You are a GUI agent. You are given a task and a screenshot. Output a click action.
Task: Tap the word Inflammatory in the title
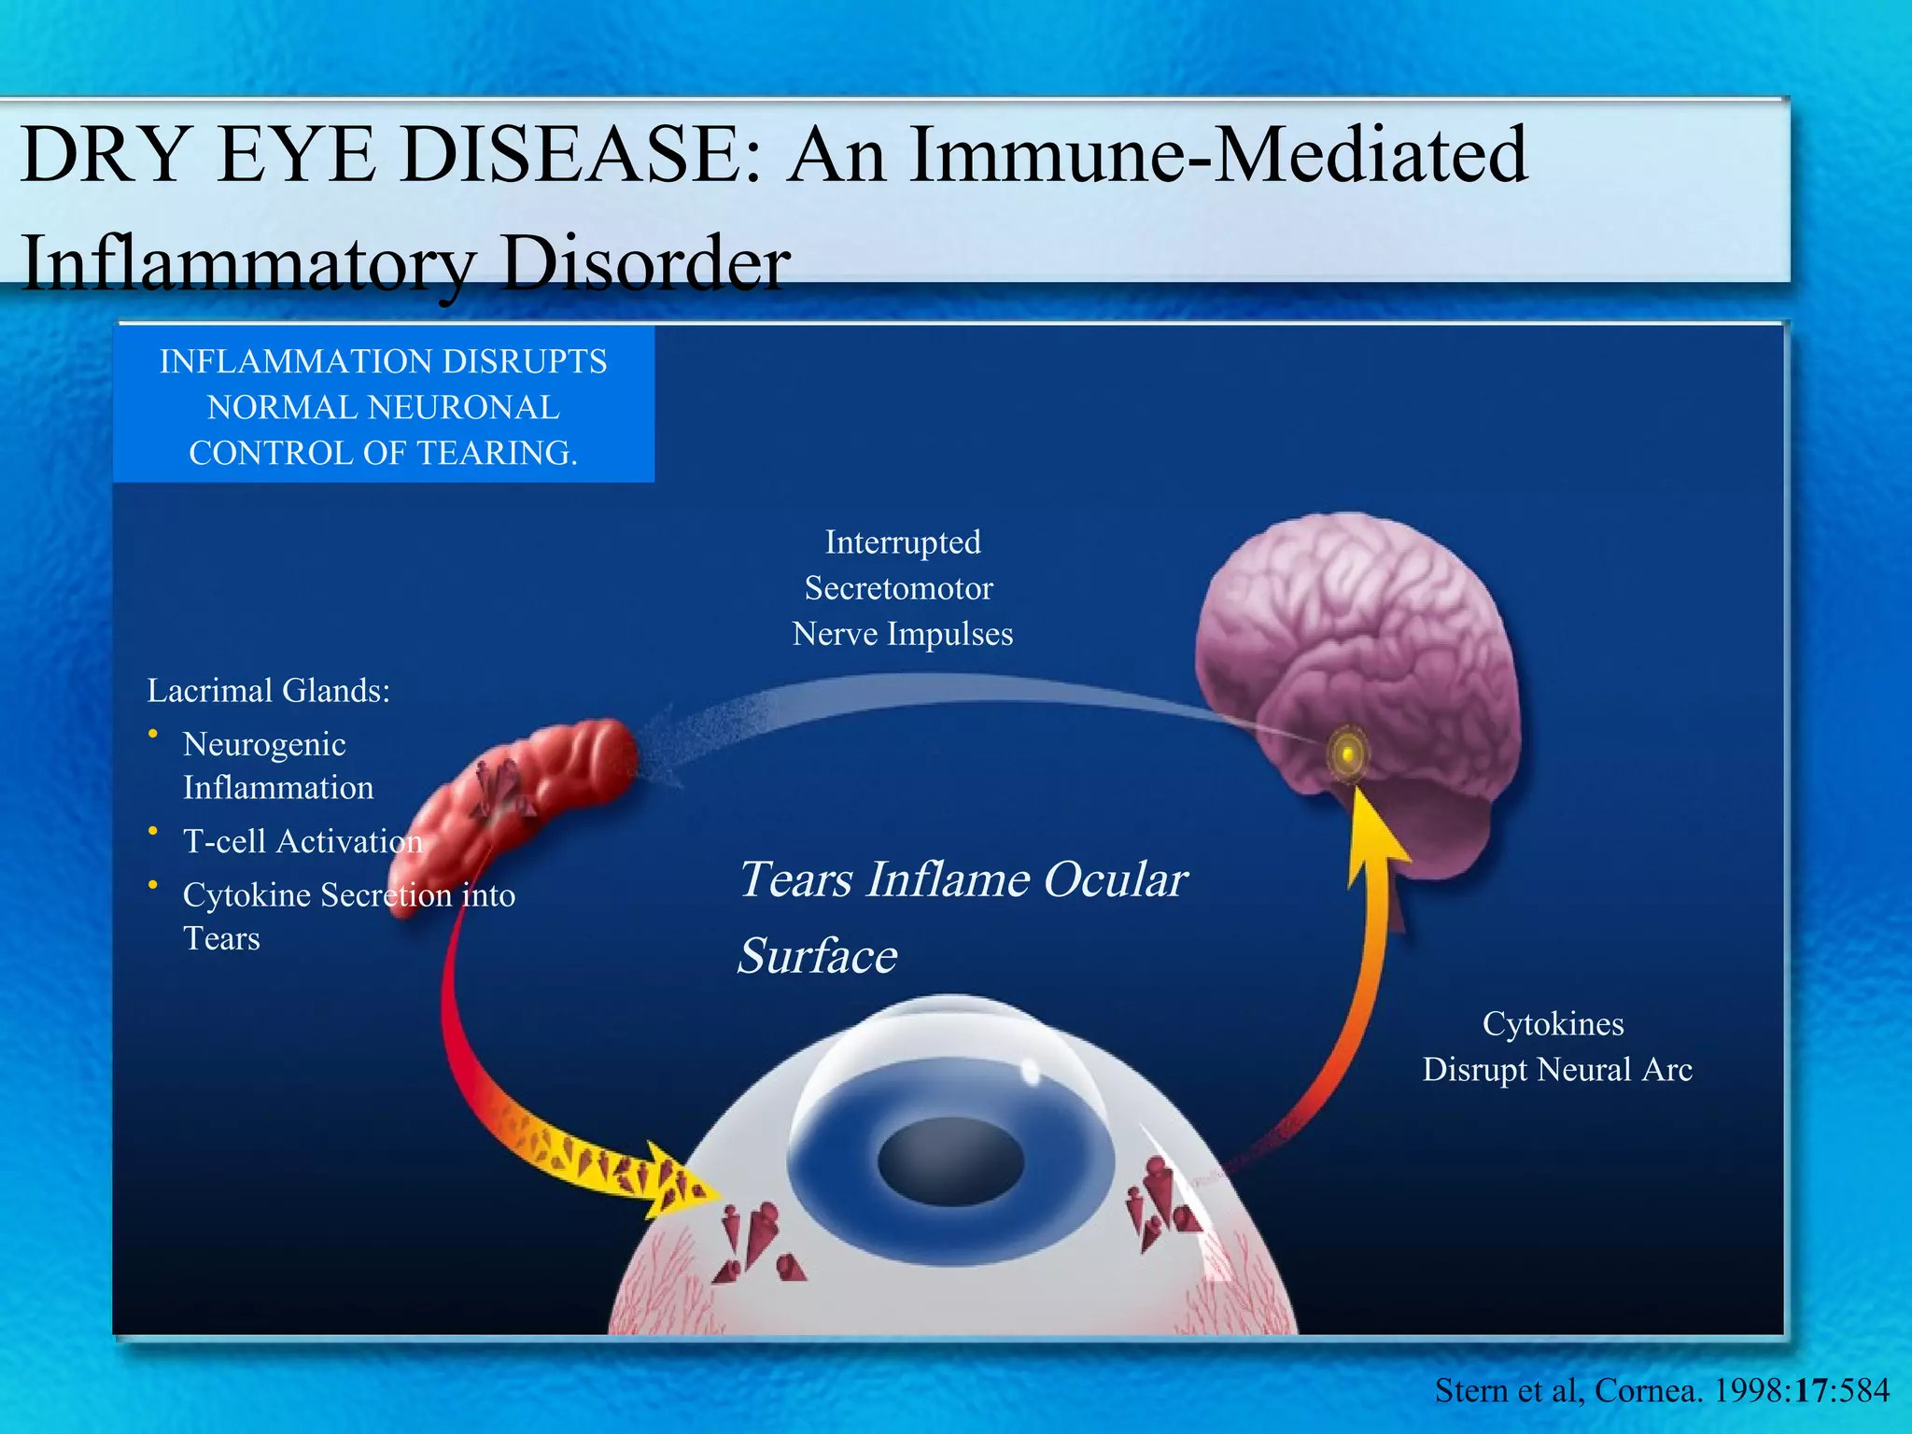tap(247, 262)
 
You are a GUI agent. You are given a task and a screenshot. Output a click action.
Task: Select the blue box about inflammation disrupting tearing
tap(383, 405)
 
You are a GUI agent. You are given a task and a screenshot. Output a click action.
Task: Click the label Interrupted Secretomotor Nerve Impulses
tap(902, 588)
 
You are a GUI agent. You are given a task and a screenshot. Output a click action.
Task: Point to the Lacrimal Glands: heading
tap(269, 691)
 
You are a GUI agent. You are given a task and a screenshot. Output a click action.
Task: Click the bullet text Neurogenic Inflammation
tap(277, 766)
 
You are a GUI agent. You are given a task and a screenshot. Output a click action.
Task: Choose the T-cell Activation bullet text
tap(302, 841)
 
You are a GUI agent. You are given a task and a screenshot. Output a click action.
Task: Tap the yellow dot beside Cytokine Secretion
tap(152, 884)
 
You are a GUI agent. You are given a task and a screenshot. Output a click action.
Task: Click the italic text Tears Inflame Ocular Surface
tap(962, 916)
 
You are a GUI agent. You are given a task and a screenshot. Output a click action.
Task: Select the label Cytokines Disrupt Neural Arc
tap(1556, 1047)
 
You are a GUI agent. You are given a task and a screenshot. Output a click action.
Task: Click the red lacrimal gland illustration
tap(523, 794)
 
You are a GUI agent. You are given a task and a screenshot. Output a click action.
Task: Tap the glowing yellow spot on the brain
tap(1347, 752)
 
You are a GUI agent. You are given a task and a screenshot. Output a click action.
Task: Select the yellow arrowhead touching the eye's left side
tap(682, 1181)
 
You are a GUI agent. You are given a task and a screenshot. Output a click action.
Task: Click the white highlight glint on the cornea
tap(1030, 1072)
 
